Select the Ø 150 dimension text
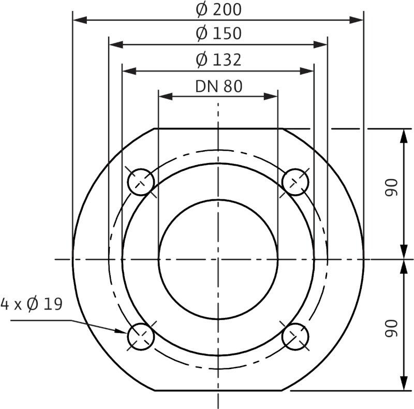click(x=218, y=34)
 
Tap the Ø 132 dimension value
click(x=218, y=60)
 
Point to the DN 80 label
click(x=218, y=86)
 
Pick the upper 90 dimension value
click(x=392, y=187)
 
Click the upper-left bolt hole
click(x=141, y=182)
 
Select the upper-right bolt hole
click(x=295, y=182)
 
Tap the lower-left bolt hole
click(x=141, y=336)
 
